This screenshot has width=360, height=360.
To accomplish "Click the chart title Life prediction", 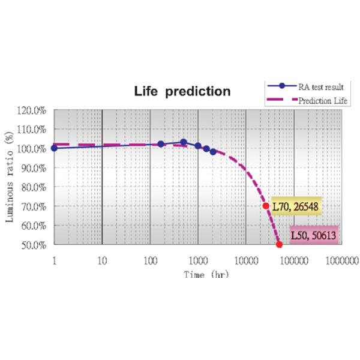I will point(182,92).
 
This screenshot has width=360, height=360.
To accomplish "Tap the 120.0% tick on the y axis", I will point(34,110).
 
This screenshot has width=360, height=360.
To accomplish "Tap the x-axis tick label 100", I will point(150,261).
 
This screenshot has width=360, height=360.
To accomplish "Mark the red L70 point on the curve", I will point(266,206).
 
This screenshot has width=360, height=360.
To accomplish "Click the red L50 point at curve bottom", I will point(279,245).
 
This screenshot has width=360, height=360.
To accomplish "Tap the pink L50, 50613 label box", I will point(314,235).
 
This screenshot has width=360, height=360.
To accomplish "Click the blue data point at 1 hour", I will point(55,148).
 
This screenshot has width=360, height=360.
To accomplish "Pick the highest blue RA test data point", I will point(184,142).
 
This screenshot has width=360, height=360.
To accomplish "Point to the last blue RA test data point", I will point(213,152).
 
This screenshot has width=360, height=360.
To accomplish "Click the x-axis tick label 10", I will point(102,261).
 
